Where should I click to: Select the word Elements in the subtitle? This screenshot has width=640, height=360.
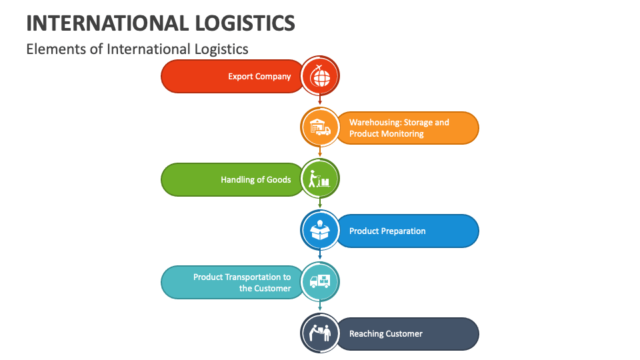(51, 49)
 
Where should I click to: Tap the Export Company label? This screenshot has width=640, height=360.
(259, 77)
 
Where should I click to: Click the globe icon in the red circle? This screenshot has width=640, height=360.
(320, 76)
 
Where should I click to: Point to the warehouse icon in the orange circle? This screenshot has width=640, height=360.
(320, 127)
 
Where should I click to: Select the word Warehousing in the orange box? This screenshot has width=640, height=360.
(374, 123)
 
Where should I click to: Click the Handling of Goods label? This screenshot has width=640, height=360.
(256, 179)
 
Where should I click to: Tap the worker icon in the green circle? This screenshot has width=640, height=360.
(320, 179)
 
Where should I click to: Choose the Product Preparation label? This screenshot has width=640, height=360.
(387, 231)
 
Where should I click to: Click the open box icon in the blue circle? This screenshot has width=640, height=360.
(320, 230)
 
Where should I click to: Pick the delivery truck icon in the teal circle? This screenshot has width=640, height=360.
(320, 281)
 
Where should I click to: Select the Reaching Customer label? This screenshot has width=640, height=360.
(386, 334)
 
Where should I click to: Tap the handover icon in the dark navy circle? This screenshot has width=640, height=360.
(320, 333)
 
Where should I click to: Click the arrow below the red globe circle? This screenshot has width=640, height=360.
(320, 101)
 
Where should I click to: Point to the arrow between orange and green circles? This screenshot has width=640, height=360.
(320, 153)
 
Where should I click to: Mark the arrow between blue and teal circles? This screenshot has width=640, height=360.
(320, 255)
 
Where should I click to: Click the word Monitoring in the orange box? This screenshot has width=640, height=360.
(401, 134)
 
